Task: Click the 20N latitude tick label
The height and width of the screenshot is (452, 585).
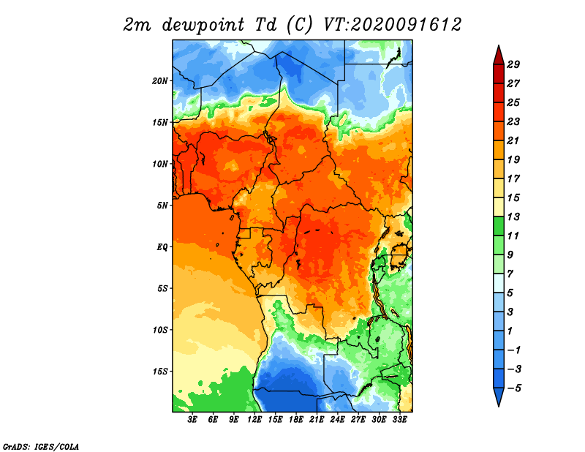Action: [160, 81]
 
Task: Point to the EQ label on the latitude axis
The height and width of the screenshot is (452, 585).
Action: [162, 247]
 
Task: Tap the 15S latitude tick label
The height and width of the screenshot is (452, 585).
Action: [160, 372]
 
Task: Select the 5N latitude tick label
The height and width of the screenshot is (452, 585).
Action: [162, 206]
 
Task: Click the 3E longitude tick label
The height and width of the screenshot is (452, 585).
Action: [192, 420]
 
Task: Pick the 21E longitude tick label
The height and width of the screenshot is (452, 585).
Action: [317, 420]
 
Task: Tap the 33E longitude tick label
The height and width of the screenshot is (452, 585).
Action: [399, 420]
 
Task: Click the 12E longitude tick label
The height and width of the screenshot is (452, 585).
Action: [254, 420]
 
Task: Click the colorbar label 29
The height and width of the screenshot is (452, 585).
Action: [513, 64]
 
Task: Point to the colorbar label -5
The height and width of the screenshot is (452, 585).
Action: [514, 388]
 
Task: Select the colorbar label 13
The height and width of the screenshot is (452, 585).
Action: [513, 216]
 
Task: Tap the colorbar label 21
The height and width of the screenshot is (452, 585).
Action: [513, 140]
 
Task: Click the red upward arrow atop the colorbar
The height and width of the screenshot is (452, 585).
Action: [499, 56]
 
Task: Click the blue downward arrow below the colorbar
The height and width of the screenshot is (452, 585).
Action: [499, 396]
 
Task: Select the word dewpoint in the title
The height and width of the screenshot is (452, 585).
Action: [203, 26]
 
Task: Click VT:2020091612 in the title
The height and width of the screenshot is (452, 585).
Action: [392, 25]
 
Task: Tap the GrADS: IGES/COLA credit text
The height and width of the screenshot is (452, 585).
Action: [41, 446]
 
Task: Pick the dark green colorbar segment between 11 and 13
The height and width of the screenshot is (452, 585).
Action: [499, 226]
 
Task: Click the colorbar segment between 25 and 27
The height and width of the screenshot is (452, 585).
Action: [499, 93]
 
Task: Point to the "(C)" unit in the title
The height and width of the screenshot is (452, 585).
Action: [299, 26]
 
